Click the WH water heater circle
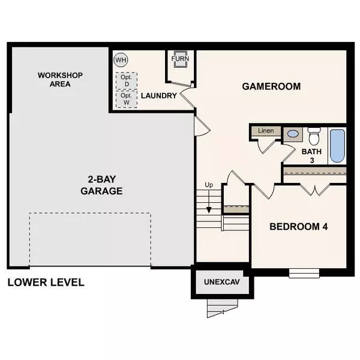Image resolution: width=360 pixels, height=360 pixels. [121, 60]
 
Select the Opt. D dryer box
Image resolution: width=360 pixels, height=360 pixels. [126, 81]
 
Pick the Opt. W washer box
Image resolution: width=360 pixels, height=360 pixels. [126, 98]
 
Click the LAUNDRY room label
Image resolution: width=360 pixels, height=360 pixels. [158, 96]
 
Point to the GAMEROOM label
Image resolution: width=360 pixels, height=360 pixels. [271, 86]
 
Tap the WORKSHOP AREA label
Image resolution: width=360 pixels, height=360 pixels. [60, 79]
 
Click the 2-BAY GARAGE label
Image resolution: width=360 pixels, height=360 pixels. [101, 185]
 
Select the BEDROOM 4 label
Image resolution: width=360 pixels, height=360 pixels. [298, 227]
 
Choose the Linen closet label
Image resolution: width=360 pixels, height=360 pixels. [265, 131]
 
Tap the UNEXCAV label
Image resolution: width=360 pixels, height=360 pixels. [218, 282]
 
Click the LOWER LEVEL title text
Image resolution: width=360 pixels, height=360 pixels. [46, 282]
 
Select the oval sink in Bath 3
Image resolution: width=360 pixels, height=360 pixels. [293, 134]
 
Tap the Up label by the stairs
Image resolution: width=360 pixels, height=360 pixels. [209, 184]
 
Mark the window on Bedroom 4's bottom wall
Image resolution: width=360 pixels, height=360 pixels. [304, 273]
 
